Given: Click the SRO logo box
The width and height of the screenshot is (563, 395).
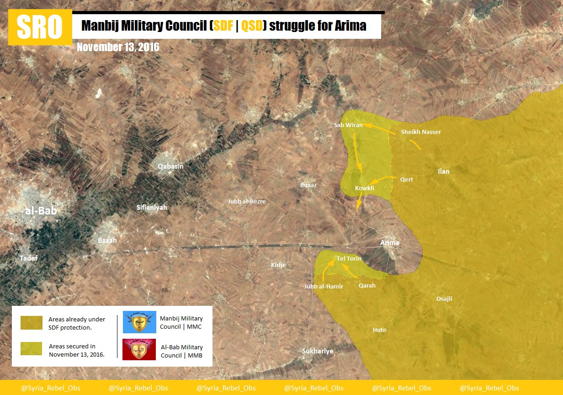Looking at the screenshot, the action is pyautogui.click(x=40, y=27).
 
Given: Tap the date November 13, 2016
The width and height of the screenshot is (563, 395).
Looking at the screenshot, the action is pyautogui.click(x=118, y=47).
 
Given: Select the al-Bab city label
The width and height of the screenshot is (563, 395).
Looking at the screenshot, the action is pyautogui.click(x=41, y=211).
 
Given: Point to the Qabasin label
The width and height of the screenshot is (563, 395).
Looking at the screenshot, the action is pyautogui.click(x=170, y=166).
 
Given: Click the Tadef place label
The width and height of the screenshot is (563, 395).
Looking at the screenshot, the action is pyautogui.click(x=28, y=258).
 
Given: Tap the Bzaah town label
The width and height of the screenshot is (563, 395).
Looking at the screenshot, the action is pyautogui.click(x=108, y=240).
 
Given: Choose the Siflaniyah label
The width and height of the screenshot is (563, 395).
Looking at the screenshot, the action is pyautogui.click(x=152, y=208).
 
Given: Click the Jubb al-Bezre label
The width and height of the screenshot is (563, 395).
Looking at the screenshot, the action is pyautogui.click(x=247, y=201).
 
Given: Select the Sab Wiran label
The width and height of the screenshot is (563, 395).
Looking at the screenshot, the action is pyautogui.click(x=348, y=125).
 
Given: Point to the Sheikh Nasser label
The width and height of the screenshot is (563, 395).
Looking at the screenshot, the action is pyautogui.click(x=421, y=132).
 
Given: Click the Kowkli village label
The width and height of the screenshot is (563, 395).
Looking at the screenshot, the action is pyautogui.click(x=365, y=188).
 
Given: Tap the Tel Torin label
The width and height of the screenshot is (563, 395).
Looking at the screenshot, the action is pyautogui.click(x=349, y=259).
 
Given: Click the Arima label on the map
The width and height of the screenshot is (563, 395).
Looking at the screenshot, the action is pyautogui.click(x=390, y=243).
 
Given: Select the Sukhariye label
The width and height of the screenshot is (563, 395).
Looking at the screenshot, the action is pyautogui.click(x=318, y=351).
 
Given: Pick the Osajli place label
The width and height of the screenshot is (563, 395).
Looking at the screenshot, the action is pyautogui.click(x=444, y=299).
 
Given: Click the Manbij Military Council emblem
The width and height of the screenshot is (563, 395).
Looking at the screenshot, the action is pyautogui.click(x=139, y=322).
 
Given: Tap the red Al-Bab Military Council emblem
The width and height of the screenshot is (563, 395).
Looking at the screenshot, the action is pyautogui.click(x=139, y=349).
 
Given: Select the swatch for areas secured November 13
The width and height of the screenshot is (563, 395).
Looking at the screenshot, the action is pyautogui.click(x=31, y=349).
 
